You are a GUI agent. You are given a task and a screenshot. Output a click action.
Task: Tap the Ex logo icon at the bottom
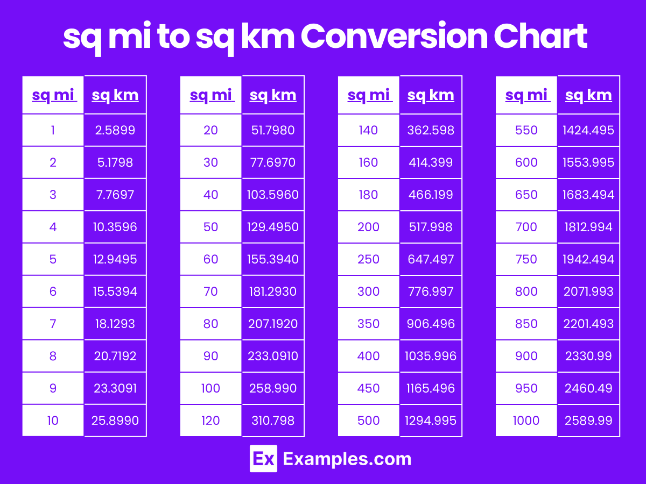(x=263, y=459)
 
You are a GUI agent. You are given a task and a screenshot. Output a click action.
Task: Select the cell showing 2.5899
(x=115, y=130)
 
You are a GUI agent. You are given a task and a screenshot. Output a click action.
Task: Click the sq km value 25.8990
(x=115, y=421)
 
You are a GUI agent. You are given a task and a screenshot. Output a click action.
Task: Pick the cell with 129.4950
(x=273, y=227)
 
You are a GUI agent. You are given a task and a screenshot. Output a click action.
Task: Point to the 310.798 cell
(x=273, y=421)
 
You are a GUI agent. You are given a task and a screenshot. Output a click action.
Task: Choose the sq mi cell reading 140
(x=368, y=130)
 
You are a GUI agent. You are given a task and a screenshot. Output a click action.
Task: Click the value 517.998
(x=431, y=227)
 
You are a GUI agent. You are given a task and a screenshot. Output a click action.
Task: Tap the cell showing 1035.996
(x=431, y=356)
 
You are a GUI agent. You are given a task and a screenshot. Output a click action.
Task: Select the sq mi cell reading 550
(x=526, y=130)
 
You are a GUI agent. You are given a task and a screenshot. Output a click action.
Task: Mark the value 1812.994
(x=588, y=227)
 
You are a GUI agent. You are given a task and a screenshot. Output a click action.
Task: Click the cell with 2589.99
(x=588, y=421)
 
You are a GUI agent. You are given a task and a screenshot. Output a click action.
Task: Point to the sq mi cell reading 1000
(x=526, y=421)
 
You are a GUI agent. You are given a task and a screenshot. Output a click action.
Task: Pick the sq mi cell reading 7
(x=53, y=324)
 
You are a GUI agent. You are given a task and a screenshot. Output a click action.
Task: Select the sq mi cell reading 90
(x=210, y=356)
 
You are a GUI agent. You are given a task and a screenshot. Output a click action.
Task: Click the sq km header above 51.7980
(x=273, y=95)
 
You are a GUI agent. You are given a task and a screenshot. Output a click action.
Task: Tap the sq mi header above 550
(x=526, y=95)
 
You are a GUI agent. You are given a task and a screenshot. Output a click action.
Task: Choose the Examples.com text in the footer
(x=347, y=459)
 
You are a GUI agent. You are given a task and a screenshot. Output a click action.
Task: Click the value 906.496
(x=431, y=324)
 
